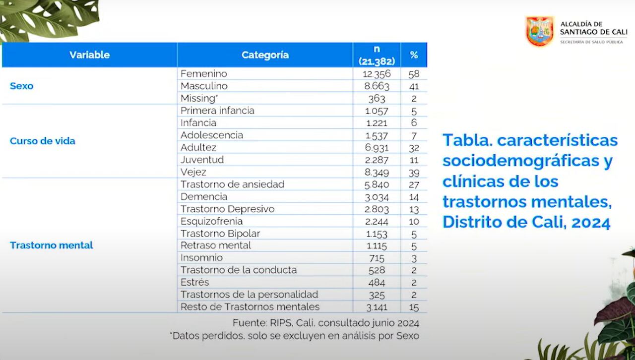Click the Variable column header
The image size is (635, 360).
[x=89, y=55]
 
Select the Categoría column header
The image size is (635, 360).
[x=265, y=55]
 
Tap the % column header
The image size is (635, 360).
[x=414, y=55]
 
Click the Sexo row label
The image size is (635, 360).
[x=22, y=86]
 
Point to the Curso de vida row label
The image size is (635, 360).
[x=43, y=141]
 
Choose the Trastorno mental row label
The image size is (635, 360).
[x=52, y=245]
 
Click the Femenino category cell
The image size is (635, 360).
[x=204, y=73]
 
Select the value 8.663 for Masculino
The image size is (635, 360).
[x=377, y=86]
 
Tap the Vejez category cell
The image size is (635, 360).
[x=193, y=172]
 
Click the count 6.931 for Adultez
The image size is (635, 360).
[x=377, y=147]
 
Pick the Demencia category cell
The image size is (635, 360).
[x=204, y=196]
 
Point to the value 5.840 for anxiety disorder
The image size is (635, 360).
[x=377, y=184]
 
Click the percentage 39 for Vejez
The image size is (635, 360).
[x=414, y=173]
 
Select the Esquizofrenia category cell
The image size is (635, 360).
[x=212, y=221]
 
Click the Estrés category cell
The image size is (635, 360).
[x=195, y=282]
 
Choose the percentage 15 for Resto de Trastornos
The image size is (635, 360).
[x=414, y=307]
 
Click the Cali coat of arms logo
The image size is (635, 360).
[x=540, y=31]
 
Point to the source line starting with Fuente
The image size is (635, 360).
[x=326, y=323]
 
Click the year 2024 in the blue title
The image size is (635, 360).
[x=591, y=223]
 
